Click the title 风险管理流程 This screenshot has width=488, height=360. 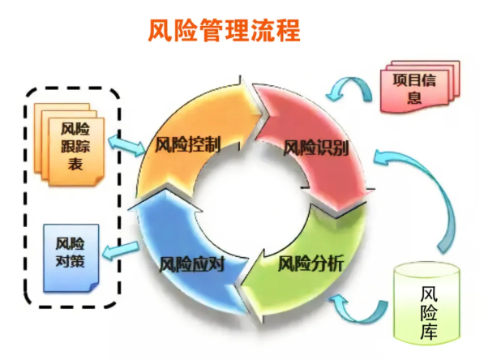(x=224, y=31)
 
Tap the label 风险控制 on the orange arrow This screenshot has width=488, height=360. (x=188, y=144)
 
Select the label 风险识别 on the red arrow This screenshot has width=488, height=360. (x=315, y=148)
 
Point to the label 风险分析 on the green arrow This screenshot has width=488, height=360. (x=310, y=264)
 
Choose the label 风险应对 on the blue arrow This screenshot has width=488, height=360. (x=191, y=264)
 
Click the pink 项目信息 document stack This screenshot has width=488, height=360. (x=420, y=86)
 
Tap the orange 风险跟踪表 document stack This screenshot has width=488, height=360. (x=69, y=144)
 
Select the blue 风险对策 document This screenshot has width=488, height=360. (x=71, y=258)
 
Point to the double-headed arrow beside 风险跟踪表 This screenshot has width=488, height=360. (x=126, y=145)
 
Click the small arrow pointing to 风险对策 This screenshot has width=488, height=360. (x=121, y=251)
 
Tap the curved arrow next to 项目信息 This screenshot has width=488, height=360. (x=349, y=88)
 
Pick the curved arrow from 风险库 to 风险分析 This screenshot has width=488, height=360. (x=358, y=315)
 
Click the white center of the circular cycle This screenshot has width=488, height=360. (x=251, y=199)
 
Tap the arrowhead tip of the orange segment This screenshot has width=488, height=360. (x=267, y=114)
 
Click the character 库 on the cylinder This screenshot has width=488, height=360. (x=429, y=331)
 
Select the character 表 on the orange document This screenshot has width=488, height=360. (x=75, y=164)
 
